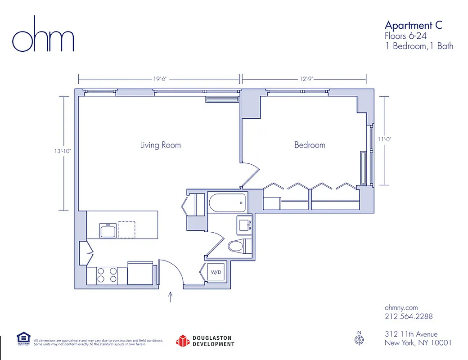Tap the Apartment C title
(x=413, y=25)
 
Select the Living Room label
(x=160, y=145)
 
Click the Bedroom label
(x=310, y=145)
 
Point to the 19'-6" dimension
(x=160, y=79)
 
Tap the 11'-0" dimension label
(x=384, y=139)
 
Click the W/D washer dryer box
(x=216, y=272)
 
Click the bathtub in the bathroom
(x=228, y=202)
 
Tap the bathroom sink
(x=245, y=224)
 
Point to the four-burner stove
(x=108, y=275)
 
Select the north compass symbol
(x=359, y=340)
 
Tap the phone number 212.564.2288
(x=409, y=316)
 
